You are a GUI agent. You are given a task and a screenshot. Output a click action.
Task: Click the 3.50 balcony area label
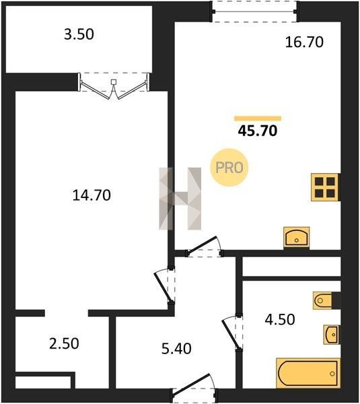[79, 34]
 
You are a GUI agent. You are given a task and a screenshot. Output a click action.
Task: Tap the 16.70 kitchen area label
[304, 42]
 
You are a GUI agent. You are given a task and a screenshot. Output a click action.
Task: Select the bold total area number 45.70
[258, 131]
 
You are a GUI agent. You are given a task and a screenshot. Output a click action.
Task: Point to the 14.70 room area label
[92, 195]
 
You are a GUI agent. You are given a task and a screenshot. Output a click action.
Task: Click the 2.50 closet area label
[64, 343]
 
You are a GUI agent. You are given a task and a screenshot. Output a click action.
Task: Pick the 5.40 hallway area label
[176, 349]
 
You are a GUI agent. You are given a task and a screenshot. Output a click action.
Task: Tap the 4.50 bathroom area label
[280, 319]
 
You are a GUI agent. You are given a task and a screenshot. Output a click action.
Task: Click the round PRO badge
[229, 168]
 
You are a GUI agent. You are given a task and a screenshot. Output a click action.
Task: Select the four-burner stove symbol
[325, 187]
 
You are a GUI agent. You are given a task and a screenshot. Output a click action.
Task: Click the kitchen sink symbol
[296, 237]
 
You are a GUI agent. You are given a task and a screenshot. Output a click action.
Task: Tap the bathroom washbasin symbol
[332, 335]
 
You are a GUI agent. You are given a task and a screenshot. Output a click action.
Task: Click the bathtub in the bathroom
[308, 373]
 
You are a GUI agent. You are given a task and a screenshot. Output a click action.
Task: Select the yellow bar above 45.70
[258, 119]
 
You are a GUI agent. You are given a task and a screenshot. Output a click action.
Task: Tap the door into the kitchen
[204, 248]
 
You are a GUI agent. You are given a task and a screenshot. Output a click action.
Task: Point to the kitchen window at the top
[254, 11]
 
